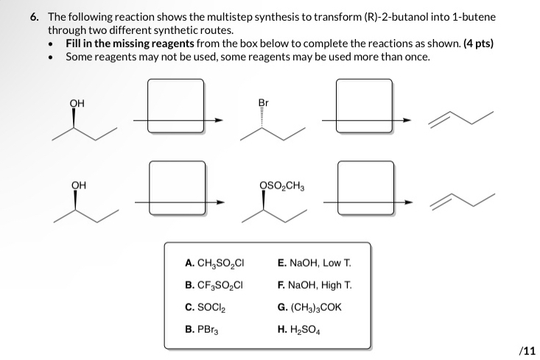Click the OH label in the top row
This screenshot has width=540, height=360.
[77, 104]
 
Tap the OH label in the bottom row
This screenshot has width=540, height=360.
[77, 185]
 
